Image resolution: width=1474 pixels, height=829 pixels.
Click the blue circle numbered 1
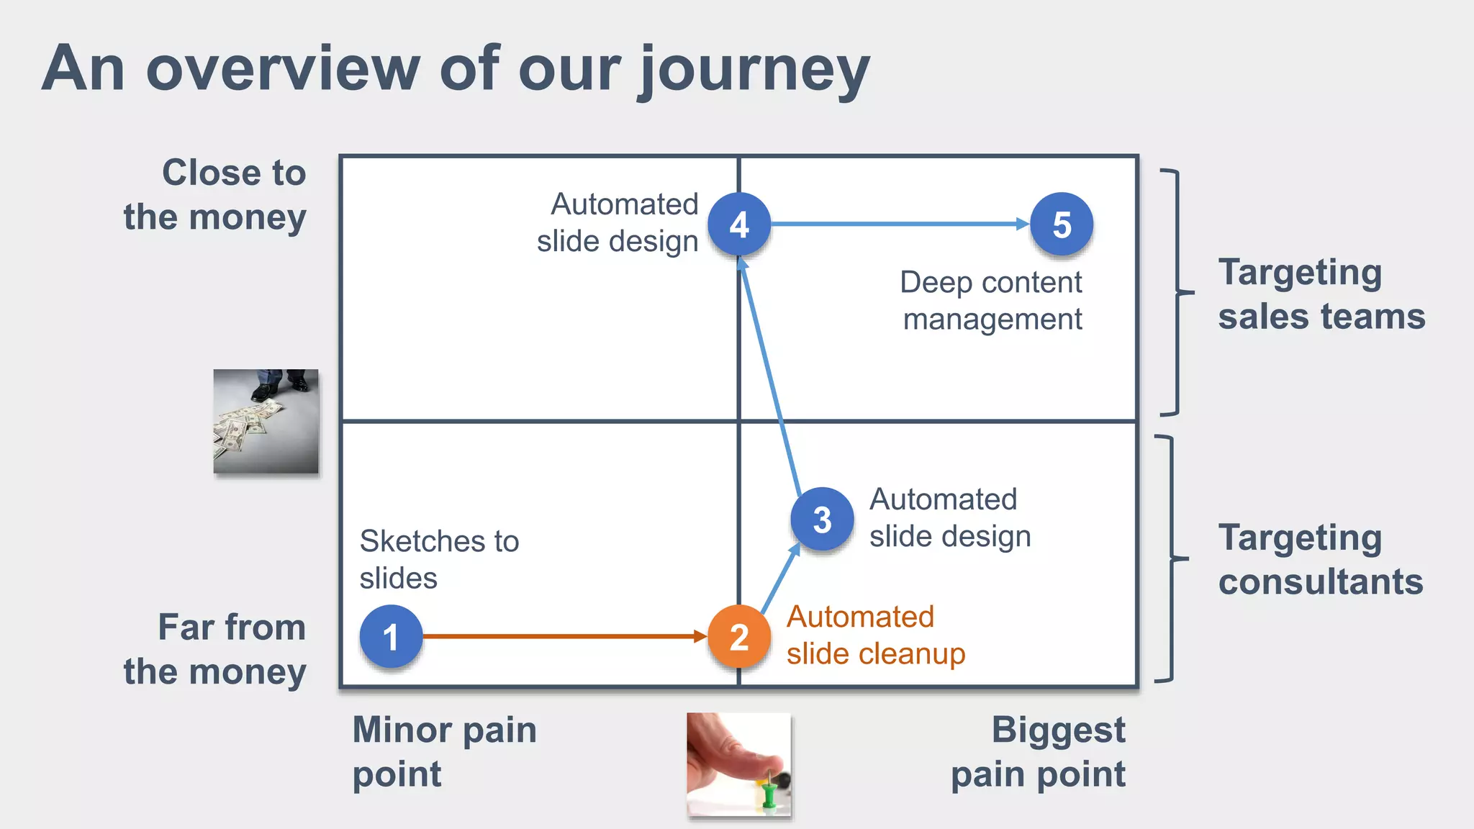tap(391, 636)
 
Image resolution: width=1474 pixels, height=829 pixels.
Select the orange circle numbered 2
tap(739, 636)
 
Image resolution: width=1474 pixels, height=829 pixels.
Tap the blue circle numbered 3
tap(822, 519)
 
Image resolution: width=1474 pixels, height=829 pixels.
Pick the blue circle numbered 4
tap(739, 225)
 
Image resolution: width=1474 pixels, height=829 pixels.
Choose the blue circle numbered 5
tap(1062, 225)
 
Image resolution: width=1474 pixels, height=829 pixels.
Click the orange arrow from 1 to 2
tap(561, 636)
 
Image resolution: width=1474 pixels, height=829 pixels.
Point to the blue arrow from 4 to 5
tap(900, 224)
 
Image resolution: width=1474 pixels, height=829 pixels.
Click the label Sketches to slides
tap(439, 559)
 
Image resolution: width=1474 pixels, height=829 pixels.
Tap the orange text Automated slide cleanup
tap(875, 635)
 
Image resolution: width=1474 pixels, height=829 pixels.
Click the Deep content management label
tap(991, 300)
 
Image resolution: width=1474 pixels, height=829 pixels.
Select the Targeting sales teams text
tap(1321, 294)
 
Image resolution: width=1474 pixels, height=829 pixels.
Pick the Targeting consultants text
tap(1320, 559)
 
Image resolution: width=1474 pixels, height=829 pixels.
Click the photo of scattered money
tap(266, 422)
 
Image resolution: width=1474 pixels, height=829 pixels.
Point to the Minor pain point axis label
tap(444, 751)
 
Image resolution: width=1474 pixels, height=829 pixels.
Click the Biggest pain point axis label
tap(1039, 751)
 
